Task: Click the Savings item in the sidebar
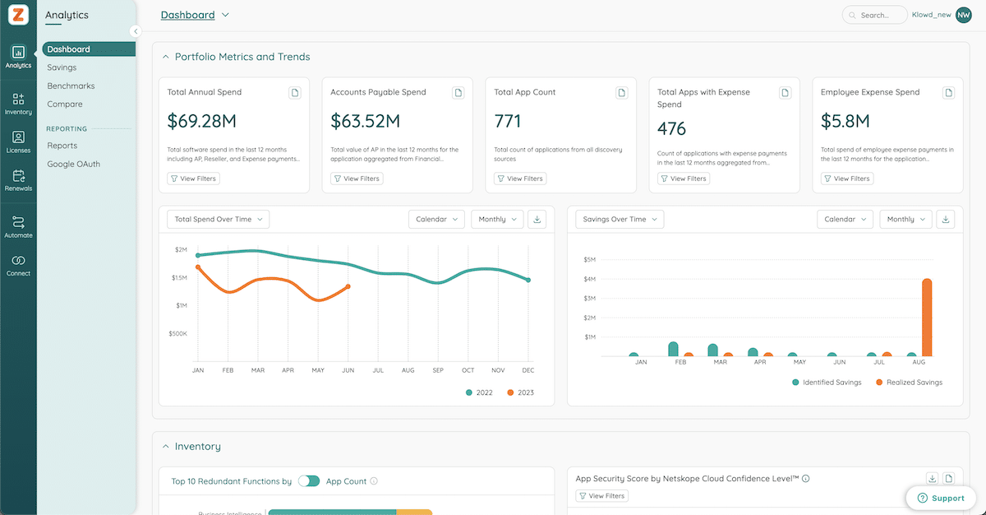[62, 67]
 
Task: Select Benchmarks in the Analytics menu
[71, 86]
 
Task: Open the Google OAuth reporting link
[73, 164]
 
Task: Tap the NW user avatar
[963, 15]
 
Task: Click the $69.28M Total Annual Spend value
[201, 122]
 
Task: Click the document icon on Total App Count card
[622, 93]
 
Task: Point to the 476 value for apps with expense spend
[672, 129]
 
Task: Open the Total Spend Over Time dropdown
[218, 219]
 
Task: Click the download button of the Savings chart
[946, 219]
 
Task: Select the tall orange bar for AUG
[927, 318]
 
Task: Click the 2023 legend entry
[520, 392]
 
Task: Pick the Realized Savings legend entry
[909, 383]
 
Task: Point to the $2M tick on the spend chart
[180, 250]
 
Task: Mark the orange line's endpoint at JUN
[348, 286]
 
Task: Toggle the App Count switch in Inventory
[309, 481]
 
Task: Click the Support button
[940, 498]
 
